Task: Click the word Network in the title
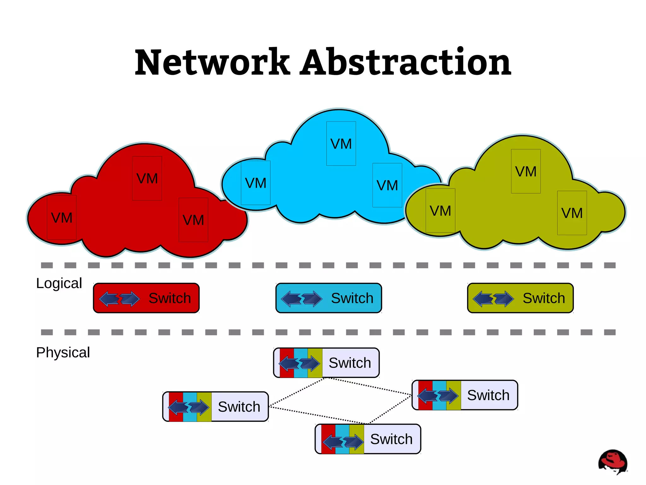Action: pyautogui.click(x=212, y=62)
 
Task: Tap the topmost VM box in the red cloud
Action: pyautogui.click(x=147, y=178)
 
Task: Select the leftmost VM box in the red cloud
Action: pyautogui.click(x=62, y=217)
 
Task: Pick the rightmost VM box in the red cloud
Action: pyautogui.click(x=193, y=220)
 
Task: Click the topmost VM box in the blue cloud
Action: pyautogui.click(x=341, y=144)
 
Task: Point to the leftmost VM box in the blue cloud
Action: pyautogui.click(x=255, y=183)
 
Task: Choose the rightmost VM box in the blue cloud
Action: pyautogui.click(x=387, y=185)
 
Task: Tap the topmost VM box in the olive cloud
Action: pyautogui.click(x=526, y=171)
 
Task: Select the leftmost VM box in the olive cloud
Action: pyautogui.click(x=440, y=210)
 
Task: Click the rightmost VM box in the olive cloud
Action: pyautogui.click(x=572, y=213)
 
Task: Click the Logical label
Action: pyautogui.click(x=59, y=283)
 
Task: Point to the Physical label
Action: pyautogui.click(x=63, y=352)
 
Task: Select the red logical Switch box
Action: pyautogui.click(x=146, y=298)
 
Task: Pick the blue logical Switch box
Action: pyautogui.click(x=328, y=298)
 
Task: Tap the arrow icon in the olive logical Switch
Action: pyautogui.click(x=493, y=299)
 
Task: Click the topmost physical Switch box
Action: pyautogui.click(x=326, y=363)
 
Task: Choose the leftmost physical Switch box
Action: pyautogui.click(x=215, y=406)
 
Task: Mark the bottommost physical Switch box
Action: pyautogui.click(x=368, y=439)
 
